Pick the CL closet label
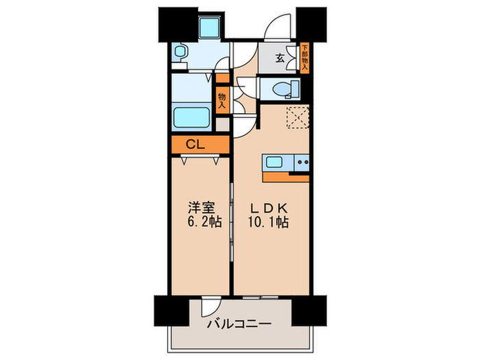coord(195,145)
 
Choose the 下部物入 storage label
coord(304,58)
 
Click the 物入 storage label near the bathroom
coord(222,101)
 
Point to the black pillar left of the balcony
coord(168,311)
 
